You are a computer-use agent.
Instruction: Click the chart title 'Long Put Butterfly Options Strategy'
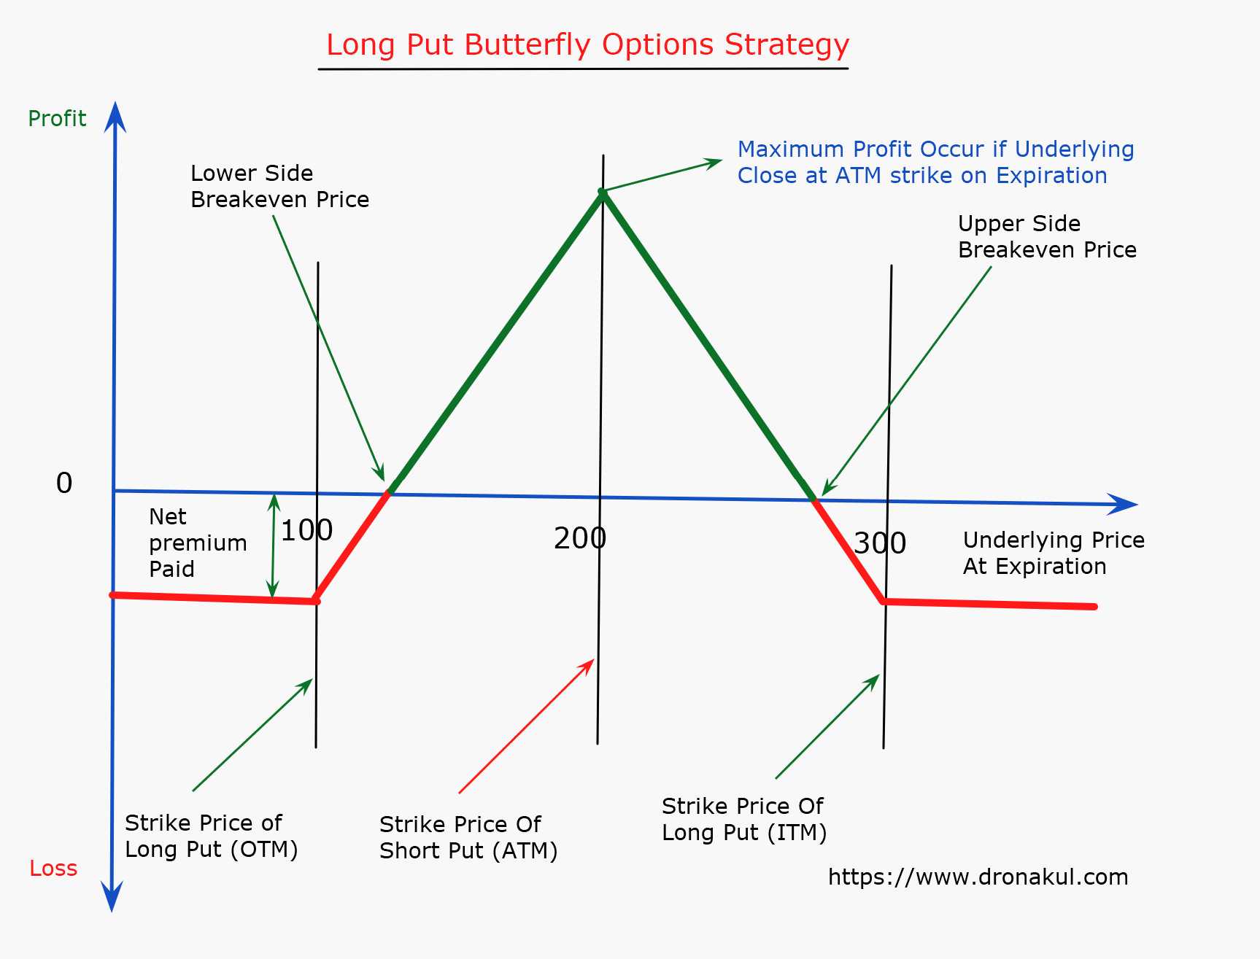tap(587, 45)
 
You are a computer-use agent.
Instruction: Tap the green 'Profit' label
tap(57, 118)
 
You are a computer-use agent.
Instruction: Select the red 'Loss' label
tap(53, 868)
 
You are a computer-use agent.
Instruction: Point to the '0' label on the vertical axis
tap(64, 483)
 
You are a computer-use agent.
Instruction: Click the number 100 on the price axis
tap(306, 530)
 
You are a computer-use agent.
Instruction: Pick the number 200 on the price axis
tap(580, 538)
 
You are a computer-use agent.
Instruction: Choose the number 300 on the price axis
tap(880, 543)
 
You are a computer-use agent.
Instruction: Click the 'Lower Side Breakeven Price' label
tap(279, 186)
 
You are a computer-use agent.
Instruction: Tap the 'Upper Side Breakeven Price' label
tap(1047, 236)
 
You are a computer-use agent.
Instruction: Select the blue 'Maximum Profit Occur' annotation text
tap(935, 162)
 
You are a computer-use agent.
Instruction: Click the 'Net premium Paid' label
tap(198, 543)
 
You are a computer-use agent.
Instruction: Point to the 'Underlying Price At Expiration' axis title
tap(1054, 553)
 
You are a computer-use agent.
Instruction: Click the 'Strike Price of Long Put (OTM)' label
tap(211, 836)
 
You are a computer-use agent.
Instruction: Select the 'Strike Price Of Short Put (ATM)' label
tap(468, 837)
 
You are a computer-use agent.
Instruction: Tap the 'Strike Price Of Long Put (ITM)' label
tap(744, 819)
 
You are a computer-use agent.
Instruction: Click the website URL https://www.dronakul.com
tap(978, 877)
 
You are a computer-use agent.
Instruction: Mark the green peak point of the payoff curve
tap(602, 192)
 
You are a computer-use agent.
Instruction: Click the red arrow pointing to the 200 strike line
tap(527, 726)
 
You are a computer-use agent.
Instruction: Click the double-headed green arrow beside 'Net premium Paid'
tap(274, 545)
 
